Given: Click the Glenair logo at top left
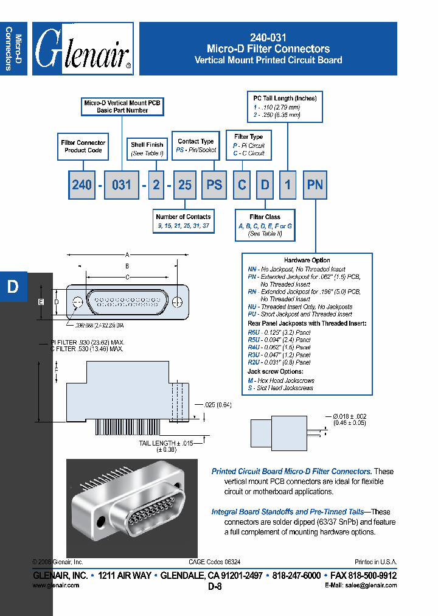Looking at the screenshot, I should pos(83,49).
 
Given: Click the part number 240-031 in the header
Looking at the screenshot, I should pos(268,37).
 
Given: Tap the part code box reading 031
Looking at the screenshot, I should pos(122,184).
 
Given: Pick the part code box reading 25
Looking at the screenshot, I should pos(185,184).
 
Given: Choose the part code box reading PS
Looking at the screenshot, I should pos(214,184).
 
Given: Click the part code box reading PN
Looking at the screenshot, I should pos(315,184).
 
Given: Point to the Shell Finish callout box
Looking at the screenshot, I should pos(147,149).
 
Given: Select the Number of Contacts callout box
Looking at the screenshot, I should pos(183,220).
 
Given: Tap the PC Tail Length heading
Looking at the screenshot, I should pos(285,98).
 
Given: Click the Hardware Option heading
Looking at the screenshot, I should pos(307,261).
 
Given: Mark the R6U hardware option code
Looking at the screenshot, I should pos(253,332).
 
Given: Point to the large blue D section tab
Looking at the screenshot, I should pos(13,287).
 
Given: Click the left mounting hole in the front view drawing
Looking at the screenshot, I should pos(77,303).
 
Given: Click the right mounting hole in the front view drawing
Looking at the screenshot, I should pos(177,303).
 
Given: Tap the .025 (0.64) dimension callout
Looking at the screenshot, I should pos(218,405).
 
